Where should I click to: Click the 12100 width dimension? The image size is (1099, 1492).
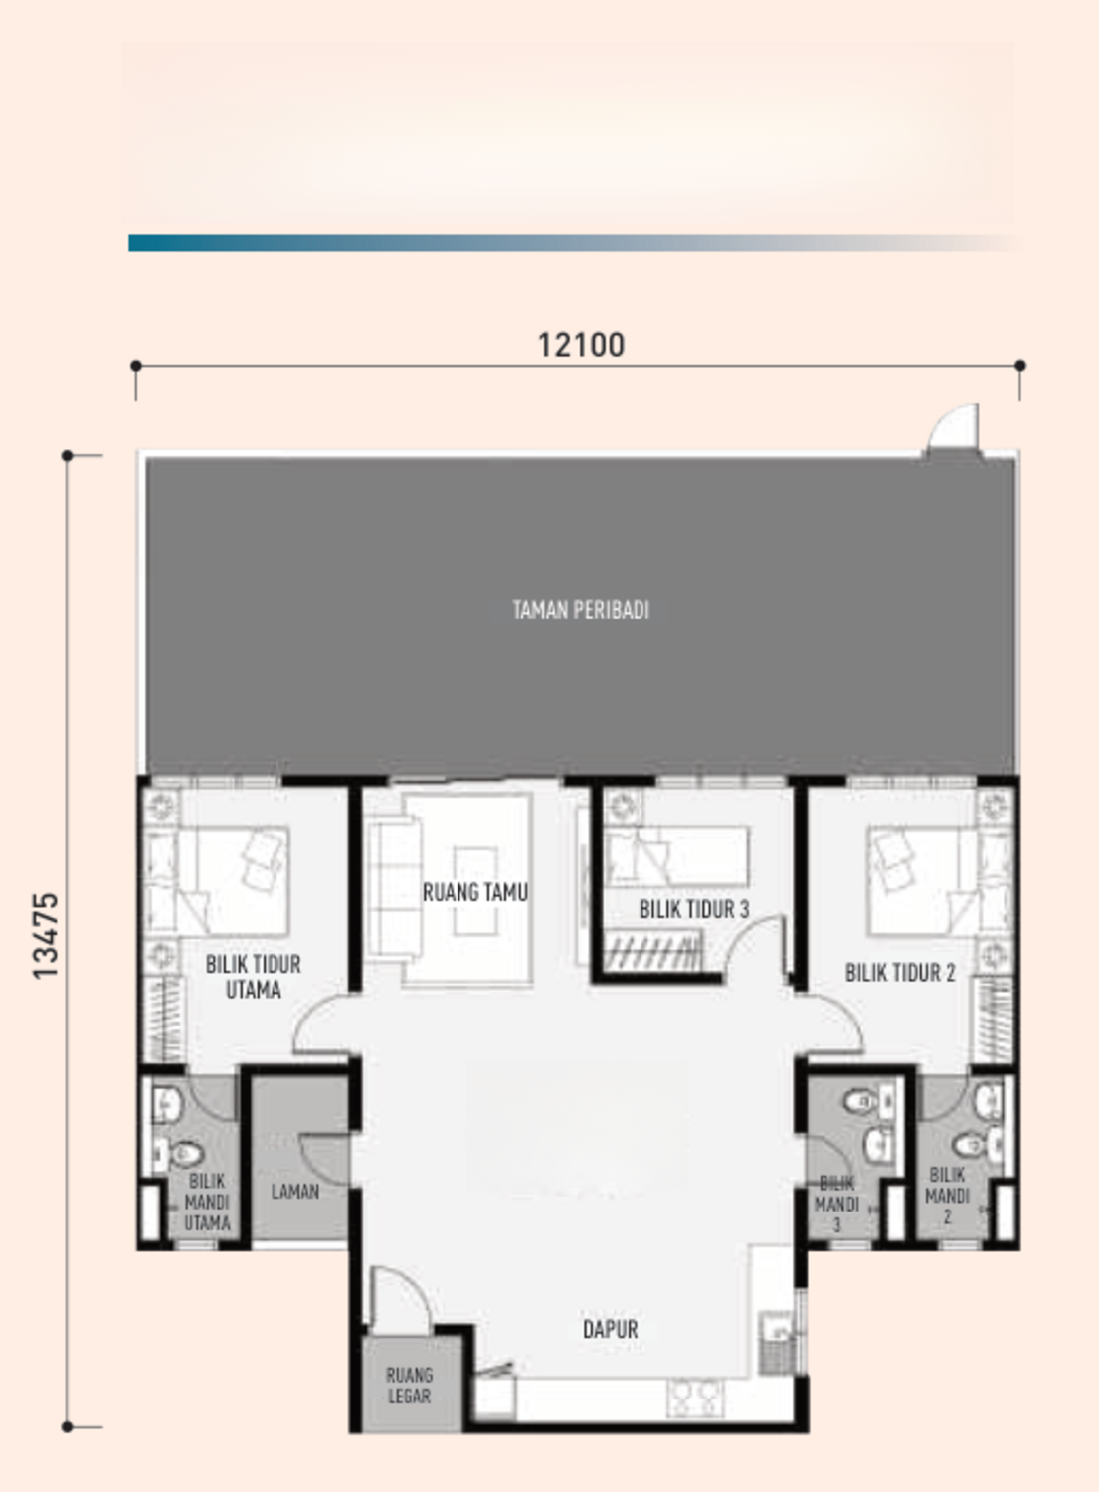point(581,346)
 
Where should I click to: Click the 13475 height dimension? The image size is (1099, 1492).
point(46,936)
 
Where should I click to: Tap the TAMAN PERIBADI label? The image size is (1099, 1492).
point(581,610)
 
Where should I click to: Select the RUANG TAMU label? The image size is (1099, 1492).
point(474,892)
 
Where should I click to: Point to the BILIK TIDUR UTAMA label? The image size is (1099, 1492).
point(253,977)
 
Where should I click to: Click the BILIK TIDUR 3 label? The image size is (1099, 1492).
point(694,909)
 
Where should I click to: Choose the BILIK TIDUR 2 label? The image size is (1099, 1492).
point(900,973)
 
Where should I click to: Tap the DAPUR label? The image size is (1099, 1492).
point(610,1330)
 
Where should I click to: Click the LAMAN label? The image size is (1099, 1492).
point(295,1192)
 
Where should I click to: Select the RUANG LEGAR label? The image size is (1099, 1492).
point(409,1386)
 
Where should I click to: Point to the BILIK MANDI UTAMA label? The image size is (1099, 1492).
point(207,1203)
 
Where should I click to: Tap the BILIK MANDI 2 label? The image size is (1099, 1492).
point(947,1196)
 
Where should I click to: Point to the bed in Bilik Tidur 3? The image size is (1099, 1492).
point(676,856)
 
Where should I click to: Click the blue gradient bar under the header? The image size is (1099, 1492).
point(574,243)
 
